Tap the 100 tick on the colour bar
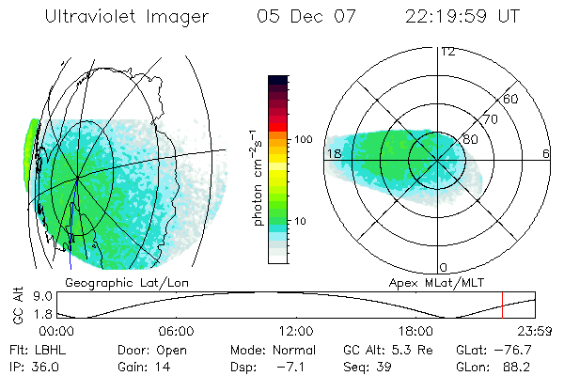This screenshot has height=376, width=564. click(x=303, y=139)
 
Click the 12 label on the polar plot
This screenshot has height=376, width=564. click(x=447, y=52)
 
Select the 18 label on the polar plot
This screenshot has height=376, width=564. click(x=333, y=153)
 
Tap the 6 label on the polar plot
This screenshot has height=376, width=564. click(x=545, y=153)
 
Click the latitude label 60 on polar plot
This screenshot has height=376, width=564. click(x=510, y=100)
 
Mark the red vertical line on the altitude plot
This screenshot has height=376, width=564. click(x=502, y=306)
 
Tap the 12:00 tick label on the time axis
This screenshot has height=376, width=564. click(x=296, y=331)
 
